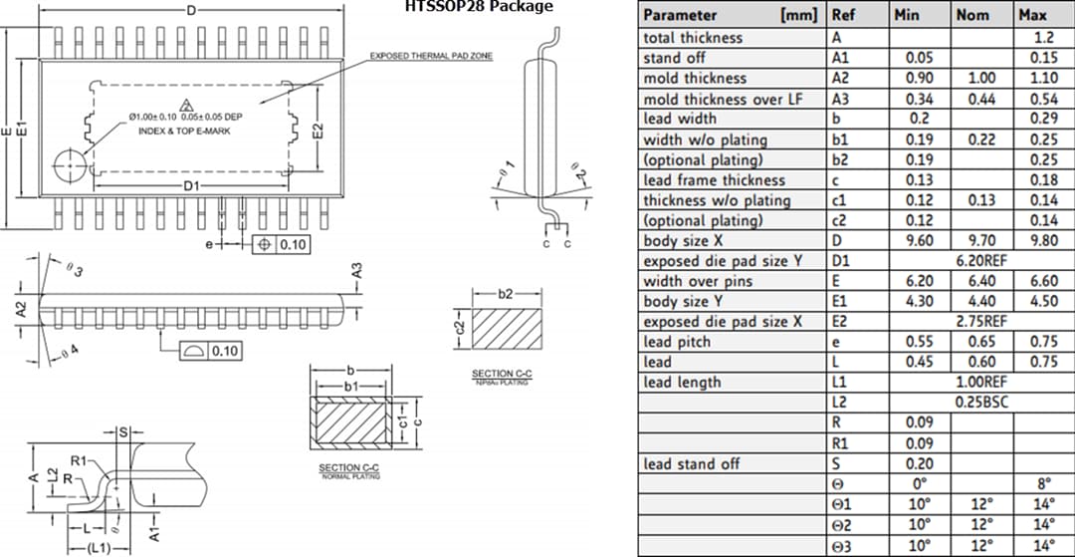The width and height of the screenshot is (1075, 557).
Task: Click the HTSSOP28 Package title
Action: coord(478,7)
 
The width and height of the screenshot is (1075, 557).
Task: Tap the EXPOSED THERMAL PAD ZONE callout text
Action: coord(431,56)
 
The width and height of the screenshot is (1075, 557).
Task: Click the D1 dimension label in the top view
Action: coord(191,186)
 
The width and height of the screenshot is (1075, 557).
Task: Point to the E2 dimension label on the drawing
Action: coord(318,131)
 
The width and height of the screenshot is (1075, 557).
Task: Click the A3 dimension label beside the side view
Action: coord(356,270)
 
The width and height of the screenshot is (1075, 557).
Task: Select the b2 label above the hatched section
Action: coord(506,294)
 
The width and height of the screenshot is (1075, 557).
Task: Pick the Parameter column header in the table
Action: coord(680,15)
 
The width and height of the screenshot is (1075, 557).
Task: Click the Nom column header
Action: coord(972,15)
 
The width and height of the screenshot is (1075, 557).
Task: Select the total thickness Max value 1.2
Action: coord(1043,37)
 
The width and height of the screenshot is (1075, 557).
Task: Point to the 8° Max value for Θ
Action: coord(1043,484)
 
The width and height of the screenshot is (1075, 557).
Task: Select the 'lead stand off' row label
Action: coord(692,463)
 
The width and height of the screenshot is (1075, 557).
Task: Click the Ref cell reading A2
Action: coord(840,78)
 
